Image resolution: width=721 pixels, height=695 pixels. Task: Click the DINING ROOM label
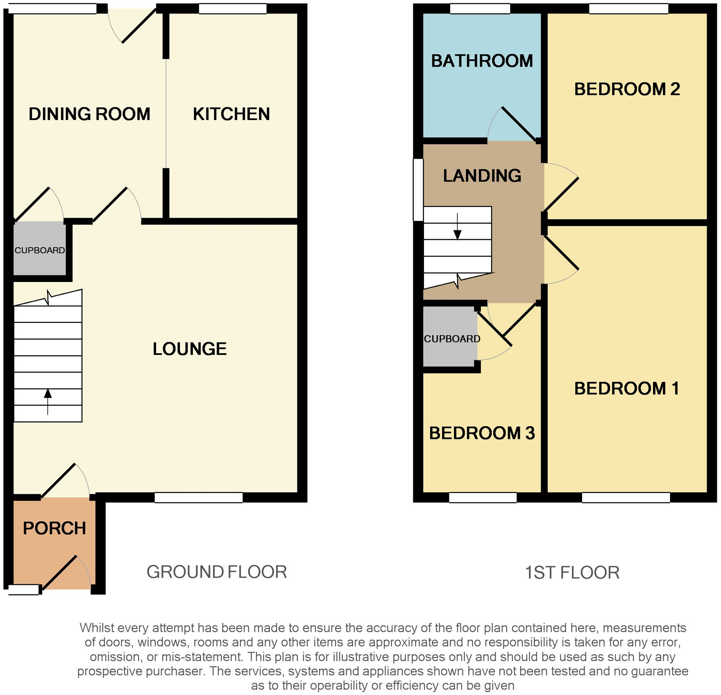click(89, 114)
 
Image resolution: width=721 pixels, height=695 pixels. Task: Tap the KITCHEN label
click(231, 114)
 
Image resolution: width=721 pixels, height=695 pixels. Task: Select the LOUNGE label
click(190, 349)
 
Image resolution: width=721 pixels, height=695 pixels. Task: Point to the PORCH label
click(54, 528)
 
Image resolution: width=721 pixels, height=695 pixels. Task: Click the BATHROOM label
click(482, 61)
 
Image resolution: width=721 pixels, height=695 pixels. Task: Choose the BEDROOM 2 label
click(627, 89)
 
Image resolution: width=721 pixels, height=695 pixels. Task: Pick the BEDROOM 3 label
click(482, 433)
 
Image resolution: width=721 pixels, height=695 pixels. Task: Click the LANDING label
click(482, 176)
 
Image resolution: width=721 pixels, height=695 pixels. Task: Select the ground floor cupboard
click(40, 249)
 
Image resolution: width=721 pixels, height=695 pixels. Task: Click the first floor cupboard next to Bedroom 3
click(450, 337)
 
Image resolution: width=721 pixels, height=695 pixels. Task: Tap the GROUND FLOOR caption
click(217, 572)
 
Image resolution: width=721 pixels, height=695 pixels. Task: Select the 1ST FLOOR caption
click(572, 572)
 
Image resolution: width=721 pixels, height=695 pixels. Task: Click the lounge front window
click(199, 497)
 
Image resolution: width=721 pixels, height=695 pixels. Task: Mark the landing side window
click(418, 190)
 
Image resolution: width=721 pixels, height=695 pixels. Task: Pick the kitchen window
click(233, 9)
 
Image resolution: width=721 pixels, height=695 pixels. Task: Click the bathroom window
click(480, 9)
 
